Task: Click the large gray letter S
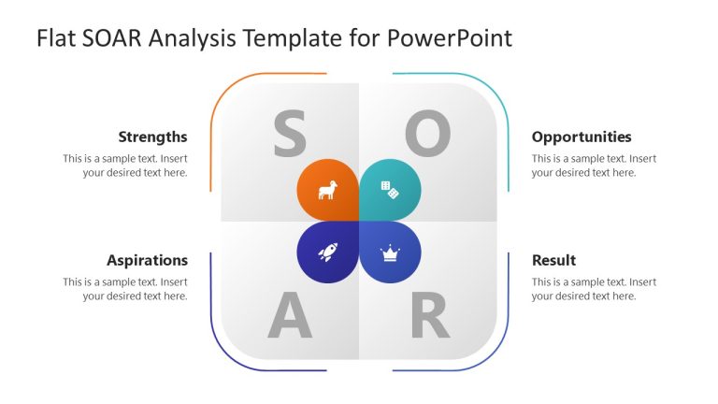pyautogui.click(x=290, y=134)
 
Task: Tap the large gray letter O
pyautogui.click(x=427, y=134)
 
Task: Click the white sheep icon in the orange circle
pyautogui.click(x=328, y=191)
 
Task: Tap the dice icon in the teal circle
pyautogui.click(x=390, y=191)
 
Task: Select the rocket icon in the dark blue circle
pyautogui.click(x=328, y=252)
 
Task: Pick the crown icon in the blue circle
pyautogui.click(x=390, y=252)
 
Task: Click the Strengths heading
pyautogui.click(x=152, y=137)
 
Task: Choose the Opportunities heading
pyautogui.click(x=582, y=137)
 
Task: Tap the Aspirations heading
pyautogui.click(x=147, y=260)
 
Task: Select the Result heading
pyautogui.click(x=553, y=260)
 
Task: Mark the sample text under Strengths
pyautogui.click(x=125, y=166)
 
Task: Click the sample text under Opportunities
pyautogui.click(x=594, y=166)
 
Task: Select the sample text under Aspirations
pyautogui.click(x=125, y=289)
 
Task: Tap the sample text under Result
pyautogui.click(x=594, y=289)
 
